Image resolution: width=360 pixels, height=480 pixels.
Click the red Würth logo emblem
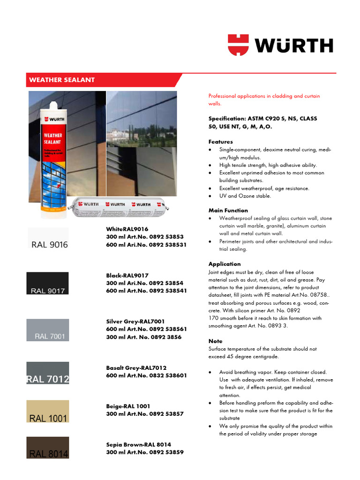point(239,45)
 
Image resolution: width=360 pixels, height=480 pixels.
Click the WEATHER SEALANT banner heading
point(62,80)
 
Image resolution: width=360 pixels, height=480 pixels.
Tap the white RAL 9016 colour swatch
point(48,239)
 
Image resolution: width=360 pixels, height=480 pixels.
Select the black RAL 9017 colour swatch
point(48,284)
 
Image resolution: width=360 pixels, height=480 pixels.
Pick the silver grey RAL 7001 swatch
point(48,330)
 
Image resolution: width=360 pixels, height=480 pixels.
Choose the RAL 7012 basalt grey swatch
point(48,373)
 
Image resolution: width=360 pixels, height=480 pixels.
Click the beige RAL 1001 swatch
point(48,412)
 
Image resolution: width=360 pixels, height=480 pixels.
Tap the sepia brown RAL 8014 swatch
point(48,447)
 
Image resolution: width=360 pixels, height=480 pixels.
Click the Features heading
point(220,142)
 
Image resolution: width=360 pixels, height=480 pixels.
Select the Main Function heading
point(228,210)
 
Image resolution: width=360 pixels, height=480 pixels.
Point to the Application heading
point(225,264)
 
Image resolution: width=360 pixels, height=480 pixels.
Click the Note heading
point(216,341)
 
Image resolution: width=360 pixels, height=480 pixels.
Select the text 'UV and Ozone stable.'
point(245,196)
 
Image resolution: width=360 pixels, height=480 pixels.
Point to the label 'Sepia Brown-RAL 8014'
point(138,444)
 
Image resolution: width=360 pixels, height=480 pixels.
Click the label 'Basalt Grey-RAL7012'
point(136,368)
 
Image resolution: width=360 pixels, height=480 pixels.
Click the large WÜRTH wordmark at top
point(294,45)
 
